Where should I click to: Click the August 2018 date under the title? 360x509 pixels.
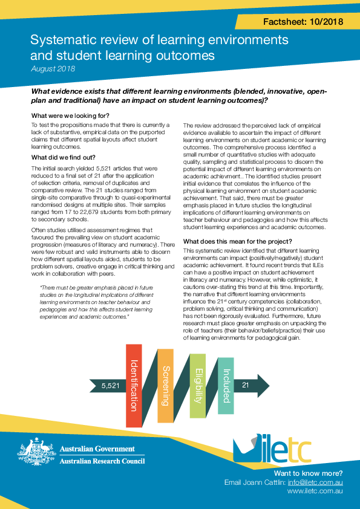(53, 69)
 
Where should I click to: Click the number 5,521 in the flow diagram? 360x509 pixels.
(111, 385)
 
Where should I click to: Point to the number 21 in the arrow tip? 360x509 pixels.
(246, 384)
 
